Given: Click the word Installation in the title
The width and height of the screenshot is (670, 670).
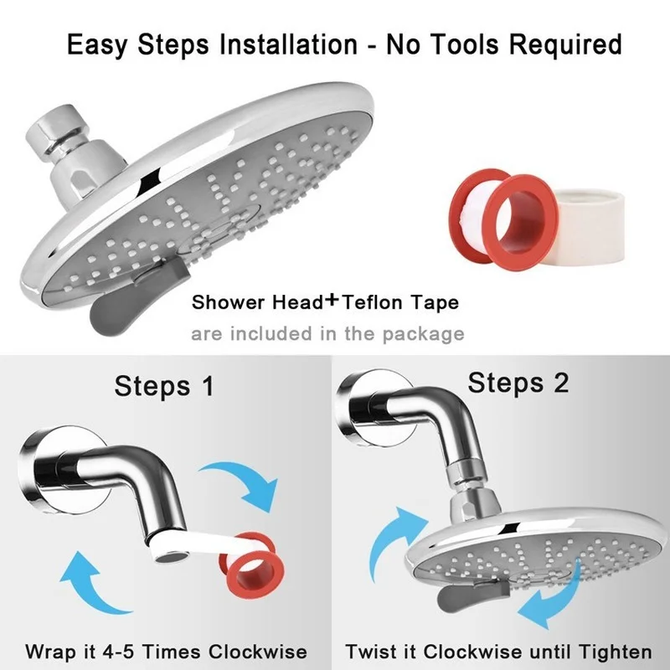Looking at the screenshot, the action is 288,44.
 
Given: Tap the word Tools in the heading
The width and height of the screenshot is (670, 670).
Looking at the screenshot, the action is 467,44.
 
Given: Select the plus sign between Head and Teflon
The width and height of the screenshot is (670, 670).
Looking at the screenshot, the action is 332,301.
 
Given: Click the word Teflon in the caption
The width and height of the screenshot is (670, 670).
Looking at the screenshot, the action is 372,302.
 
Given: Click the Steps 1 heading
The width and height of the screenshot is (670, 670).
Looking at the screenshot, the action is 163,386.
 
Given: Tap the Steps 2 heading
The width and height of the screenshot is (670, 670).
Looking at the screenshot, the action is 518,382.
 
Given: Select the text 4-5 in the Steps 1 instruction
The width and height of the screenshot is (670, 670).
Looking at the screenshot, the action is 118,652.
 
